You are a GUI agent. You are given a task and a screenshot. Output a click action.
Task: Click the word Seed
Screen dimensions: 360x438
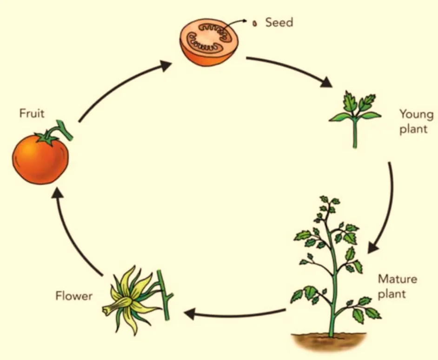[x=279, y=22]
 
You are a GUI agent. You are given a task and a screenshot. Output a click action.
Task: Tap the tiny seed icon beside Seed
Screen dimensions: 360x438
[x=255, y=23]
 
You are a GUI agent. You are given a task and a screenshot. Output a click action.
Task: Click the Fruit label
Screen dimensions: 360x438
[x=32, y=113]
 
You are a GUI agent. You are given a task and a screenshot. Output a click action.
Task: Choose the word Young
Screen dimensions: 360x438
[x=416, y=114]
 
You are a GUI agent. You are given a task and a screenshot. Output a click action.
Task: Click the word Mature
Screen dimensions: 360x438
[x=397, y=280]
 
